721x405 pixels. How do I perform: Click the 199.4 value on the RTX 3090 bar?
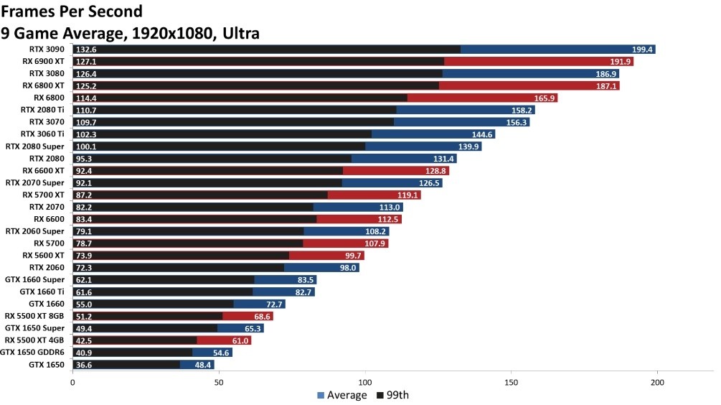pos(642,50)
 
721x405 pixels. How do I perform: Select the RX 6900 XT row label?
pos(43,62)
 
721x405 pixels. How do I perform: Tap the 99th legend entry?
pos(393,395)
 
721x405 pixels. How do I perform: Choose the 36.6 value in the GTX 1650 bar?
pos(85,365)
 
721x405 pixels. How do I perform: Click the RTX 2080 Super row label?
pos(35,146)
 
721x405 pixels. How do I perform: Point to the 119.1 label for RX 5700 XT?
pos(407,195)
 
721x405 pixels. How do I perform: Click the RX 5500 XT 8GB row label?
pos(34,316)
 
